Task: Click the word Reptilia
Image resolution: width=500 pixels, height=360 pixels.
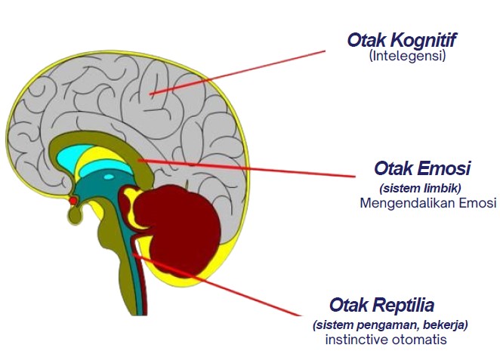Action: coord(403,306)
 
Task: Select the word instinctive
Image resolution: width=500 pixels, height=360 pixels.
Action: coord(358,340)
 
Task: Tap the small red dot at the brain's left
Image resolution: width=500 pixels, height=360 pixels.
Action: coord(73,202)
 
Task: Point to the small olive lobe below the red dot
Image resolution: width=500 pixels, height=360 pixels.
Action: coord(76,216)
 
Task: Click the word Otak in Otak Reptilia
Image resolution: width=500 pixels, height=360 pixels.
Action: coord(349,306)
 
